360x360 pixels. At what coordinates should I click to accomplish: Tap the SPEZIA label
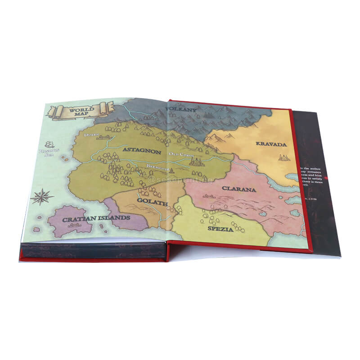click(220, 229)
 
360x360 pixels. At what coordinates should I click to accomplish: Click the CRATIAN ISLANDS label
click(96, 218)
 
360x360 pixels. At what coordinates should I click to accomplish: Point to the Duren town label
click(90, 134)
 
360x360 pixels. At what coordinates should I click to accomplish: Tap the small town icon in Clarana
click(208, 196)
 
